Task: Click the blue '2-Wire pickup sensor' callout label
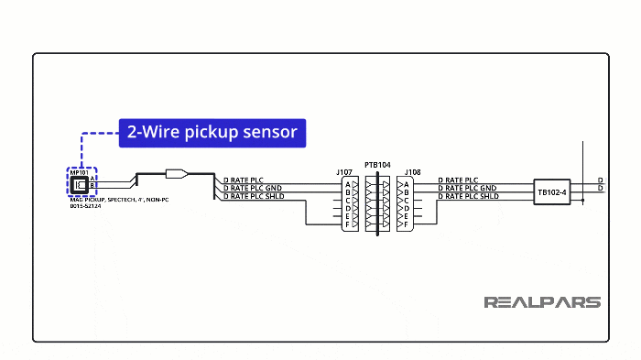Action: coord(212,132)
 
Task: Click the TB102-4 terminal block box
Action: coord(552,192)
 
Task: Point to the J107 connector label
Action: coord(344,171)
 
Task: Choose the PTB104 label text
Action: coord(376,166)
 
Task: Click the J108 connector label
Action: coord(412,171)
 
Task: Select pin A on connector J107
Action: coord(348,184)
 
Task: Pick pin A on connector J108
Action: coord(406,184)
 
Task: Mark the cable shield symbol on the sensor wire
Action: coord(177,172)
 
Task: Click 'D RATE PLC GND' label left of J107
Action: coord(252,188)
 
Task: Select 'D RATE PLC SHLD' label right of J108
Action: coord(468,196)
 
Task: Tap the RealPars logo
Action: coord(541,302)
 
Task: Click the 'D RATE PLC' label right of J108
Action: coord(458,180)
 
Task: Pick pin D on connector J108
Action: coord(406,209)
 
